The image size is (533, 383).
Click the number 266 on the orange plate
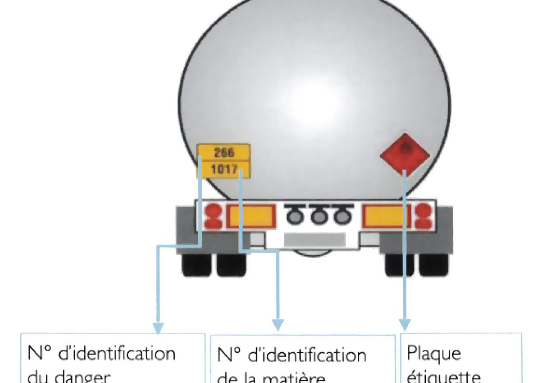[224, 152]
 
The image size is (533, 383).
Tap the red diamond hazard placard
[405, 154]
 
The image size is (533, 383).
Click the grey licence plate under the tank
[314, 240]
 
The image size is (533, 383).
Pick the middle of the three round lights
[320, 215]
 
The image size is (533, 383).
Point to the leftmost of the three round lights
[295, 215]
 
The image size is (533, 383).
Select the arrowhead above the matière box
[278, 324]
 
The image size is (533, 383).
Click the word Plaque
[434, 354]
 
